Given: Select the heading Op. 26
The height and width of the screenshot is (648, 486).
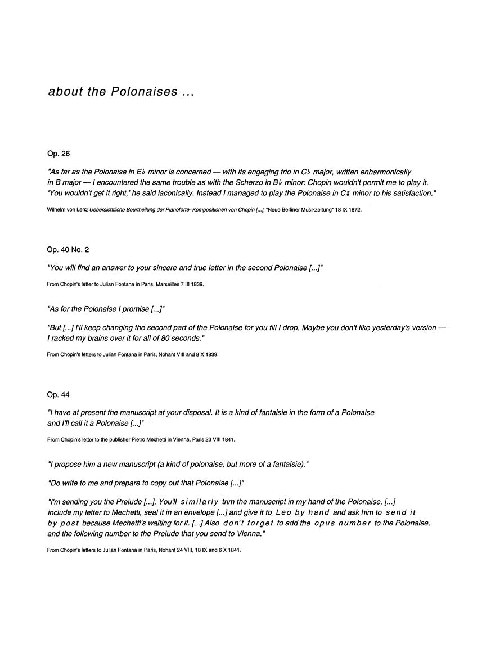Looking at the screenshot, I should coord(58,153).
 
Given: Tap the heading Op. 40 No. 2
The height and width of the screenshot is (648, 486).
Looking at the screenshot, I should coord(68,249).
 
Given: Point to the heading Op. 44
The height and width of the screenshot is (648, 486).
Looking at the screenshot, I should coord(58,394).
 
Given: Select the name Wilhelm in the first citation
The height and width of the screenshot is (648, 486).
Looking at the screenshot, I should coord(56,209).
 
